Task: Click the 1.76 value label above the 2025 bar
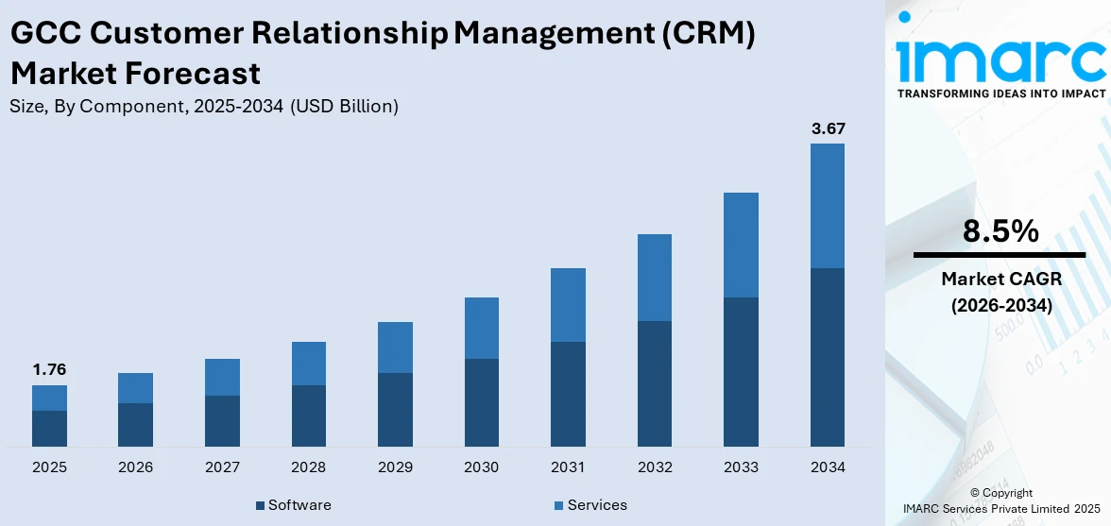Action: click(x=49, y=369)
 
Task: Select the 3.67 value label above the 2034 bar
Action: click(x=828, y=127)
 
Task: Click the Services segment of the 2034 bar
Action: click(x=828, y=206)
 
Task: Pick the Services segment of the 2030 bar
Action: click(x=482, y=328)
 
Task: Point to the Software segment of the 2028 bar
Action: click(x=309, y=416)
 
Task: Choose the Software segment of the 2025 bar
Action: click(x=49, y=429)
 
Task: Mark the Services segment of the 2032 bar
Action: click(x=655, y=278)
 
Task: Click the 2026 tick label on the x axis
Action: click(x=136, y=467)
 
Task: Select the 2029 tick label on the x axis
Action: click(x=395, y=467)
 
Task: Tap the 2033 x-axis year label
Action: click(x=741, y=467)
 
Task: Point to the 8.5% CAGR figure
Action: click(x=1000, y=231)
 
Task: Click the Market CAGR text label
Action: click(x=1000, y=279)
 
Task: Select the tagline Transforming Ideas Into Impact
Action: click(x=1000, y=93)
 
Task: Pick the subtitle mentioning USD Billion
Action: click(x=204, y=107)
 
